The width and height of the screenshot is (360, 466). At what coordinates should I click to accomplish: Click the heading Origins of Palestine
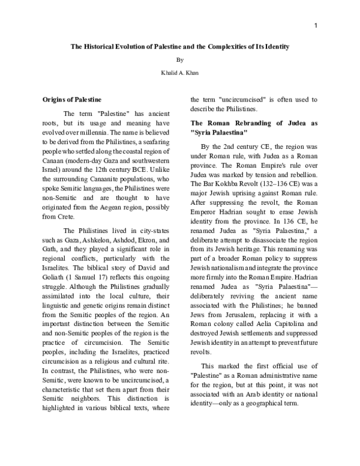(72, 98)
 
